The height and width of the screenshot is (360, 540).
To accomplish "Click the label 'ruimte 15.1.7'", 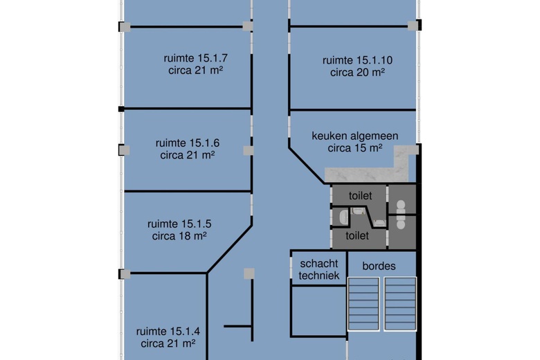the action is pyautogui.click(x=195, y=58).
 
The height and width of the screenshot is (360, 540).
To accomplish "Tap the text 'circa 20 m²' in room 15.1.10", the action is pyautogui.click(x=357, y=72).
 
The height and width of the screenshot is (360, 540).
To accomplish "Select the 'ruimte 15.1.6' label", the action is pyautogui.click(x=188, y=143).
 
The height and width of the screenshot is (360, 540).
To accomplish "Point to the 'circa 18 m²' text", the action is pyautogui.click(x=179, y=236).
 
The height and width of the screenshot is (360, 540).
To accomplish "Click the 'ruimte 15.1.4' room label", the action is pyautogui.click(x=168, y=332).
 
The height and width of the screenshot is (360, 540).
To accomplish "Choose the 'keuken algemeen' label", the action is pyautogui.click(x=354, y=136).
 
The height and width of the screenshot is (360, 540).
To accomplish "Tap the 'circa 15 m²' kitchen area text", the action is pyautogui.click(x=354, y=148).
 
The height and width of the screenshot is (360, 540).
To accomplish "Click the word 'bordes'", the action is pyautogui.click(x=379, y=266).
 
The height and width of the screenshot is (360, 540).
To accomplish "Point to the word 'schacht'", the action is pyautogui.click(x=319, y=264).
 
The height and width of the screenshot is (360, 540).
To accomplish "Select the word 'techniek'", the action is pyautogui.click(x=319, y=276).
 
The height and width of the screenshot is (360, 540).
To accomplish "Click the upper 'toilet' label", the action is pyautogui.click(x=360, y=196).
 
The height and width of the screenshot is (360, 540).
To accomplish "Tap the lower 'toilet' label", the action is pyautogui.click(x=357, y=235).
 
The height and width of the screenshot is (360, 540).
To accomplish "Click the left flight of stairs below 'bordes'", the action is pyautogui.click(x=363, y=304).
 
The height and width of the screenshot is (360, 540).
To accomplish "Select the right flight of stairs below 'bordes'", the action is pyautogui.click(x=400, y=304).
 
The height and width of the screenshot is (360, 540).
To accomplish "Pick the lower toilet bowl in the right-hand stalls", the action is pyautogui.click(x=401, y=222).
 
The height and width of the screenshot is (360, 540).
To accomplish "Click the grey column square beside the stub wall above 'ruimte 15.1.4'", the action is pyautogui.click(x=249, y=274).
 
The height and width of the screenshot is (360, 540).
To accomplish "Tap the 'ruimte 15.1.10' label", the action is pyautogui.click(x=357, y=60).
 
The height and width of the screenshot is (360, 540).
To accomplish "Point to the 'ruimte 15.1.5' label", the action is pyautogui.click(x=179, y=224).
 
